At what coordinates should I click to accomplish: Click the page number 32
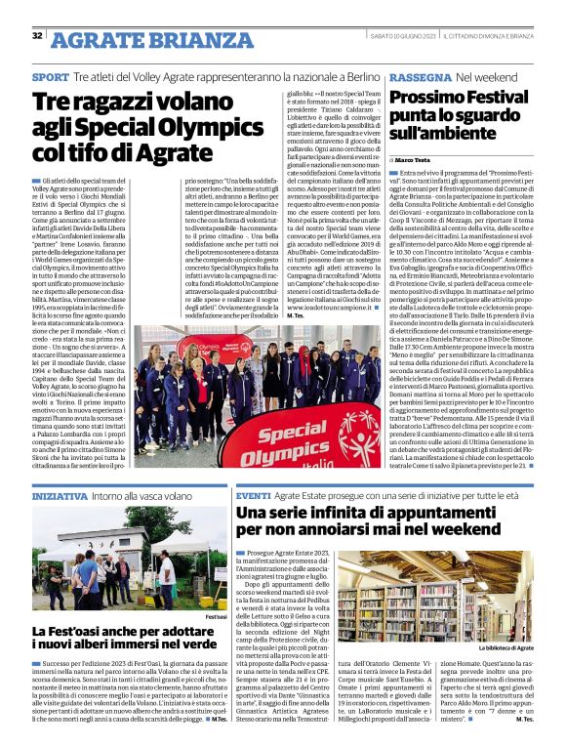coord(37,36)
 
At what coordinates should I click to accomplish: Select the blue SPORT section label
coord(50,76)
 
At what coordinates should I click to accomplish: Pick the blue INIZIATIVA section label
coord(60,497)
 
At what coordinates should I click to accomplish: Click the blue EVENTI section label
coord(252,497)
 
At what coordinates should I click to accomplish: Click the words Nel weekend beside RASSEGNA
coord(484,76)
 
